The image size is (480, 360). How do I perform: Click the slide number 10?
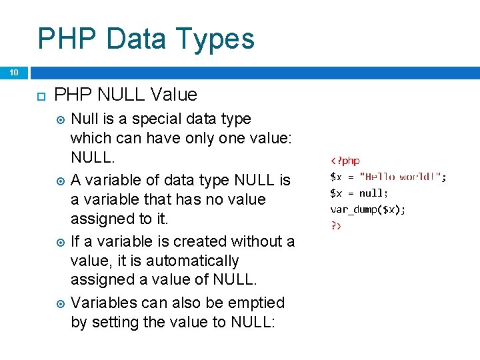click(x=13, y=72)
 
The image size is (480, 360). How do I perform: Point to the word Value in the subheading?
click(x=174, y=95)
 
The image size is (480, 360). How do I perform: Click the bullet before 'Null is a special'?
click(x=61, y=120)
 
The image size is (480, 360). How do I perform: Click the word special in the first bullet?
click(x=155, y=119)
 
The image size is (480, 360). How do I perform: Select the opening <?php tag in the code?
click(x=345, y=161)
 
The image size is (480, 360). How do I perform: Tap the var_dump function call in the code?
click(x=368, y=209)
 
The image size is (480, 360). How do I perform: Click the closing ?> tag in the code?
click(x=336, y=225)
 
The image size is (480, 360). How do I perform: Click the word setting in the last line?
click(x=113, y=323)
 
